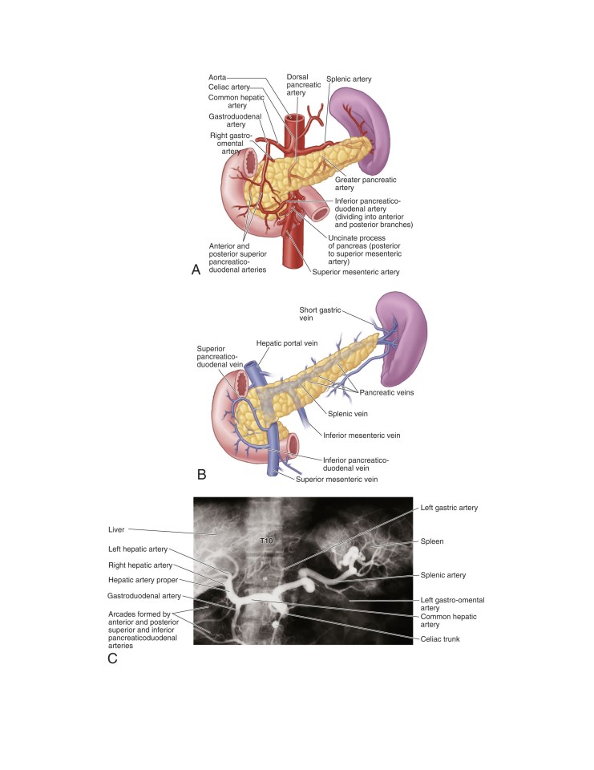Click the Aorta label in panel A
217,78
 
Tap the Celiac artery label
229,87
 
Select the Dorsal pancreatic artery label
304,84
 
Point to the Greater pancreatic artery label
366,184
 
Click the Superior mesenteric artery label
356,272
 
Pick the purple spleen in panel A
359,127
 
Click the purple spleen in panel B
403,338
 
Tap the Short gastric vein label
320,314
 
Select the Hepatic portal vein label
287,343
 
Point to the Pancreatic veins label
386,392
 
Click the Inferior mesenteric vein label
362,435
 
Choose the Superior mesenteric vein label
337,480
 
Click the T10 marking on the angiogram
266,541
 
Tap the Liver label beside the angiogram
116,529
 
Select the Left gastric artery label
449,508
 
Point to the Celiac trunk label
440,639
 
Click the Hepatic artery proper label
143,580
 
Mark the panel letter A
196,270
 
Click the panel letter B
201,474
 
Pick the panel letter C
112,659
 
